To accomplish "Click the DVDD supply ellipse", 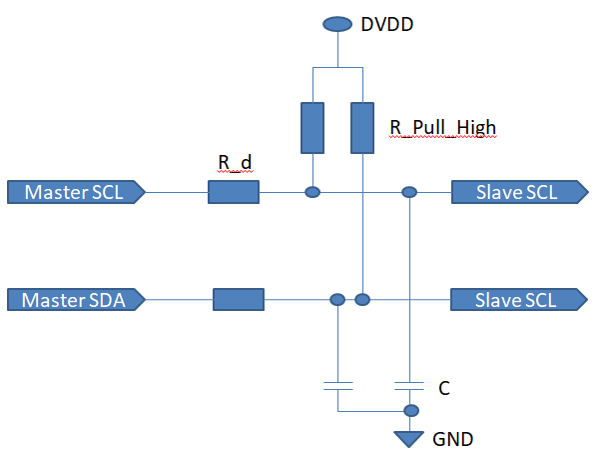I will tap(338, 23).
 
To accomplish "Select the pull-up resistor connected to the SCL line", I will tap(312, 126).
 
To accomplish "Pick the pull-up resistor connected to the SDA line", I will tap(362, 126).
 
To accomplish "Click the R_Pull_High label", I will tap(442, 127).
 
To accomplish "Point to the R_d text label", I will tap(236, 162).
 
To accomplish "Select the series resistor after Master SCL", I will tap(234, 191).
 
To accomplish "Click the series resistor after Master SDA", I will tap(238, 299).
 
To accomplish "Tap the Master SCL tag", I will tap(76, 192).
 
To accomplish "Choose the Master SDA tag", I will tap(76, 299).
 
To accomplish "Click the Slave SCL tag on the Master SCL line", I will tap(517, 192).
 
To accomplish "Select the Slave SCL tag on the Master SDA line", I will tap(517, 299).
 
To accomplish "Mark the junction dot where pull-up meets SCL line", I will tap(312, 191).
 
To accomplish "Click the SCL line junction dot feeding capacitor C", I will tap(408, 191).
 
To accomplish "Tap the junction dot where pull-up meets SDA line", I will tap(362, 299).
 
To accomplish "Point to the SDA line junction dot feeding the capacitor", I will tap(337, 299).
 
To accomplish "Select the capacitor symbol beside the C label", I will tap(409, 384).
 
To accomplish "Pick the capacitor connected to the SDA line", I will tap(337, 384).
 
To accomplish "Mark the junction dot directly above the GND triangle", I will tap(409, 411).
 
